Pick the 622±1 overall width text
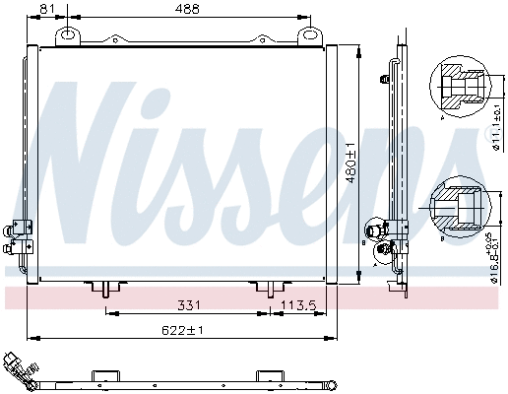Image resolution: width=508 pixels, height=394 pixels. pyautogui.click(x=182, y=329)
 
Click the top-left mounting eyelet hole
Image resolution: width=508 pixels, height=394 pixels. pyautogui.click(x=68, y=35)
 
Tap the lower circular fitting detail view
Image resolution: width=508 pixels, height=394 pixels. pyautogui.click(x=456, y=206)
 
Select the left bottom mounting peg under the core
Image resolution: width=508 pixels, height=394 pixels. pyautogui.click(x=103, y=288)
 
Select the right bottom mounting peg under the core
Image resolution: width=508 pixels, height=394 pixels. pyautogui.click(x=267, y=288)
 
